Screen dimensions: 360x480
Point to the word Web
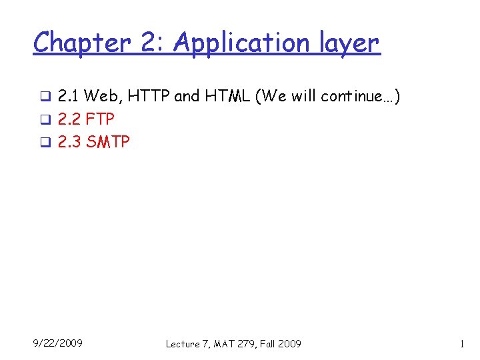coord(100,97)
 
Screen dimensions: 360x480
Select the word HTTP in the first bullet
coord(148,97)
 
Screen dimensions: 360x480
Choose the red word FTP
coord(100,119)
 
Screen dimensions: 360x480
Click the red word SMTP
coord(108,142)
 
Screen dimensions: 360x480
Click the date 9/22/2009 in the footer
coord(58,343)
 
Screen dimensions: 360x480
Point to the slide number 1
coord(461,343)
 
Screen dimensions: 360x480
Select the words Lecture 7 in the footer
coord(186,344)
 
